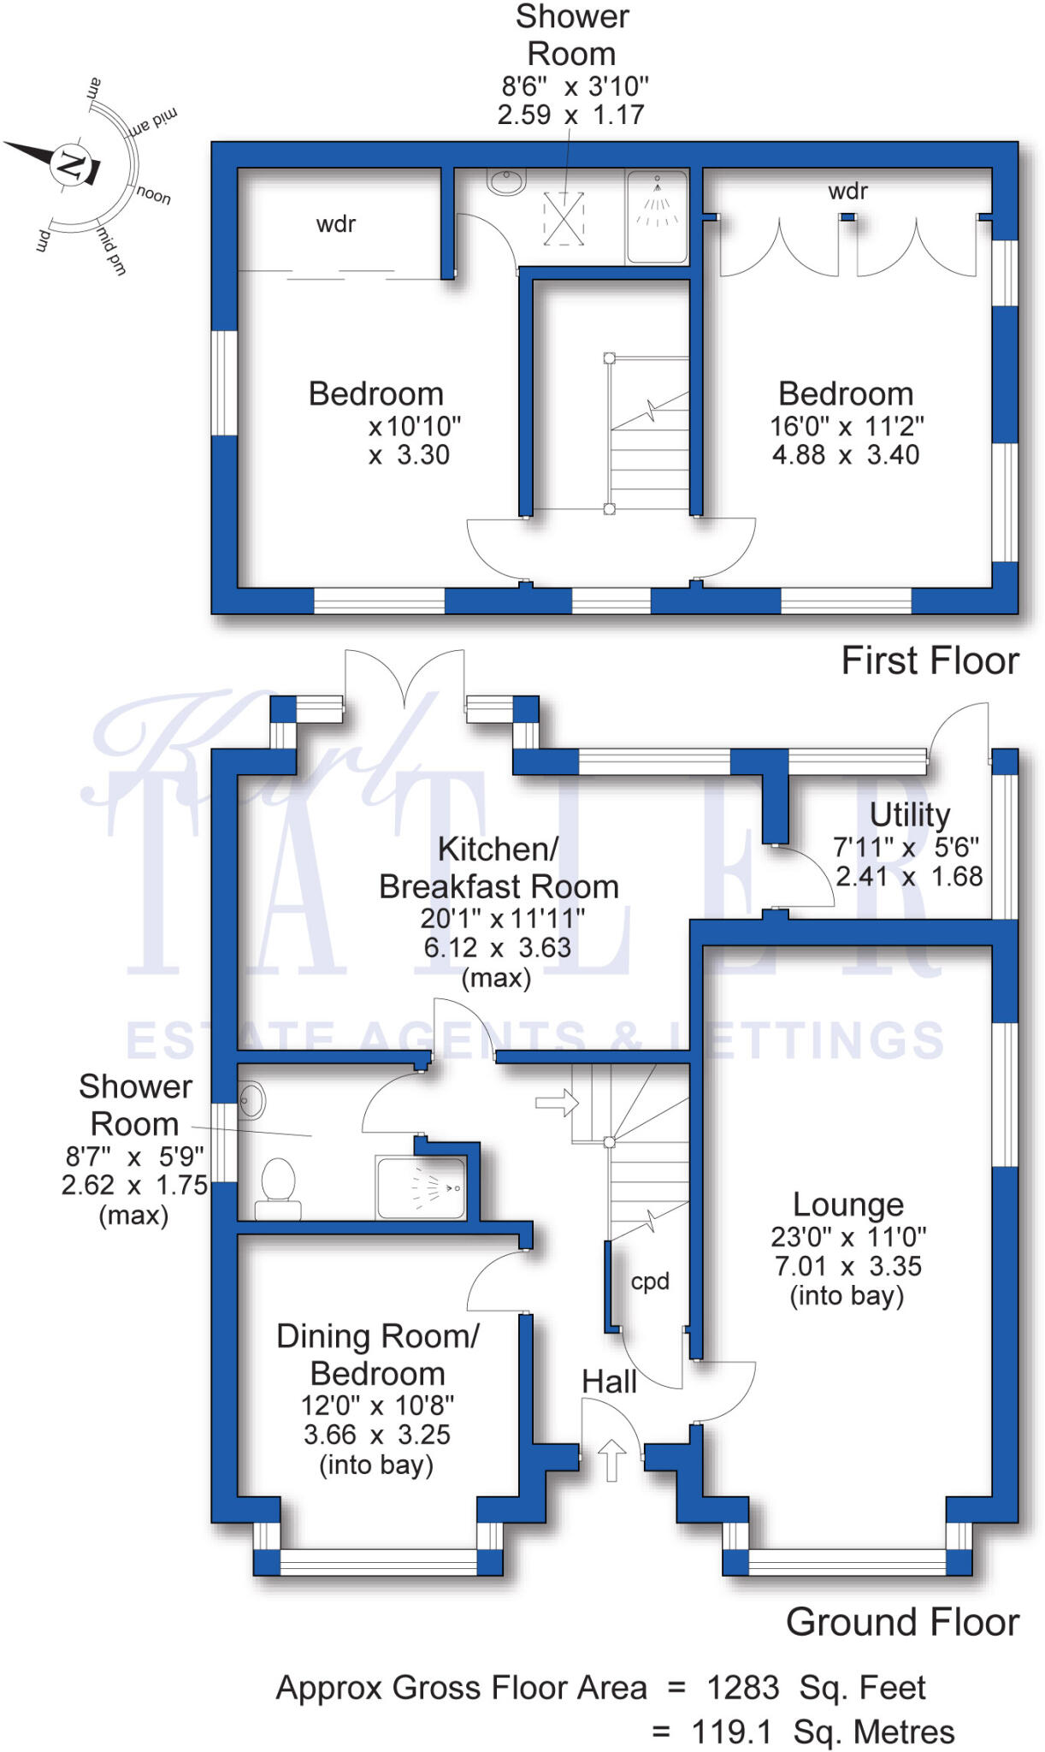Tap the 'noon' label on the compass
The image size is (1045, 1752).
[153, 195]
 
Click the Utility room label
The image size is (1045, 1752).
[909, 814]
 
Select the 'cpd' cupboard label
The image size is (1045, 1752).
[650, 1281]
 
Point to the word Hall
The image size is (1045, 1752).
[609, 1382]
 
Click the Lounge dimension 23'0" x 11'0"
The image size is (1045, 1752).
[848, 1237]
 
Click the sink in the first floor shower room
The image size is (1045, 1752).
[505, 181]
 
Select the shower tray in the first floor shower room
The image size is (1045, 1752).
[657, 216]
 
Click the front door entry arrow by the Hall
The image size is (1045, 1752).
[611, 1459]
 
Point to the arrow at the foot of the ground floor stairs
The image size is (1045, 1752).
[557, 1103]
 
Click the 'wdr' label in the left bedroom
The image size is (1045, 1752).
[335, 224]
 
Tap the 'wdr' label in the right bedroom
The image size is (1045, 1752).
[847, 191]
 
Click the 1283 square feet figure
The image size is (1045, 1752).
[742, 1688]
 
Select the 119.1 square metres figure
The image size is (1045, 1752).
[731, 1732]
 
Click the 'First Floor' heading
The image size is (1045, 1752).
[930, 660]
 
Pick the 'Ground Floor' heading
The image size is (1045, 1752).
[902, 1622]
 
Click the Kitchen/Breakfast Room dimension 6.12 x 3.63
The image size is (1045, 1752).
[497, 948]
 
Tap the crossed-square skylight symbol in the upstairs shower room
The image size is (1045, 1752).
[564, 218]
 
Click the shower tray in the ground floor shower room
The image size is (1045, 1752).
[421, 1187]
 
